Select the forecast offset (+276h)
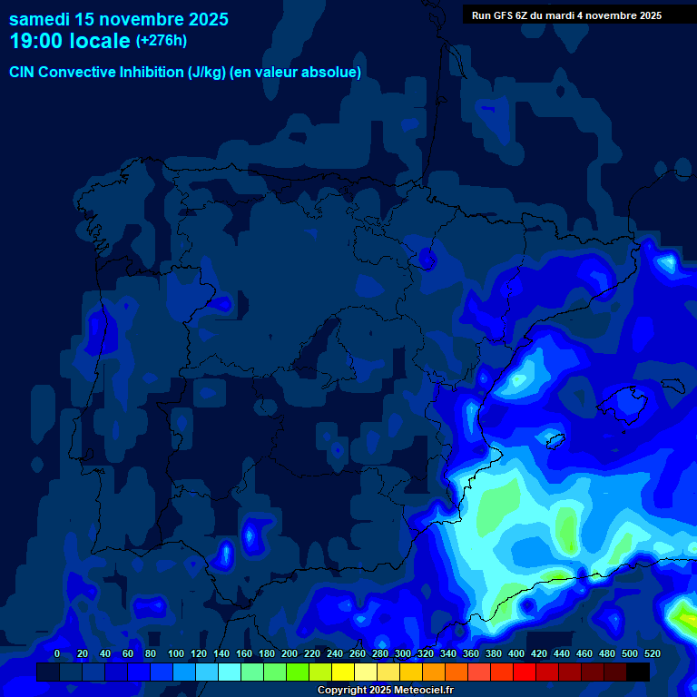pyautogui.click(x=161, y=41)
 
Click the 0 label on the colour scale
pyautogui.click(x=57, y=653)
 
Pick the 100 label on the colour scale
pyautogui.click(x=176, y=653)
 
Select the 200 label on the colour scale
pyautogui.click(x=290, y=653)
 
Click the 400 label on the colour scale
pyautogui.click(x=516, y=653)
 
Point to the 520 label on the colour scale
pyautogui.click(x=652, y=653)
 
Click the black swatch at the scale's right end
pyautogui.click(x=638, y=672)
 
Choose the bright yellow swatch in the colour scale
pyautogui.click(x=343, y=672)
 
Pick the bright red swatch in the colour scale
pyautogui.click(x=525, y=672)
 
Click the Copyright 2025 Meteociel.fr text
pyautogui.click(x=385, y=691)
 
